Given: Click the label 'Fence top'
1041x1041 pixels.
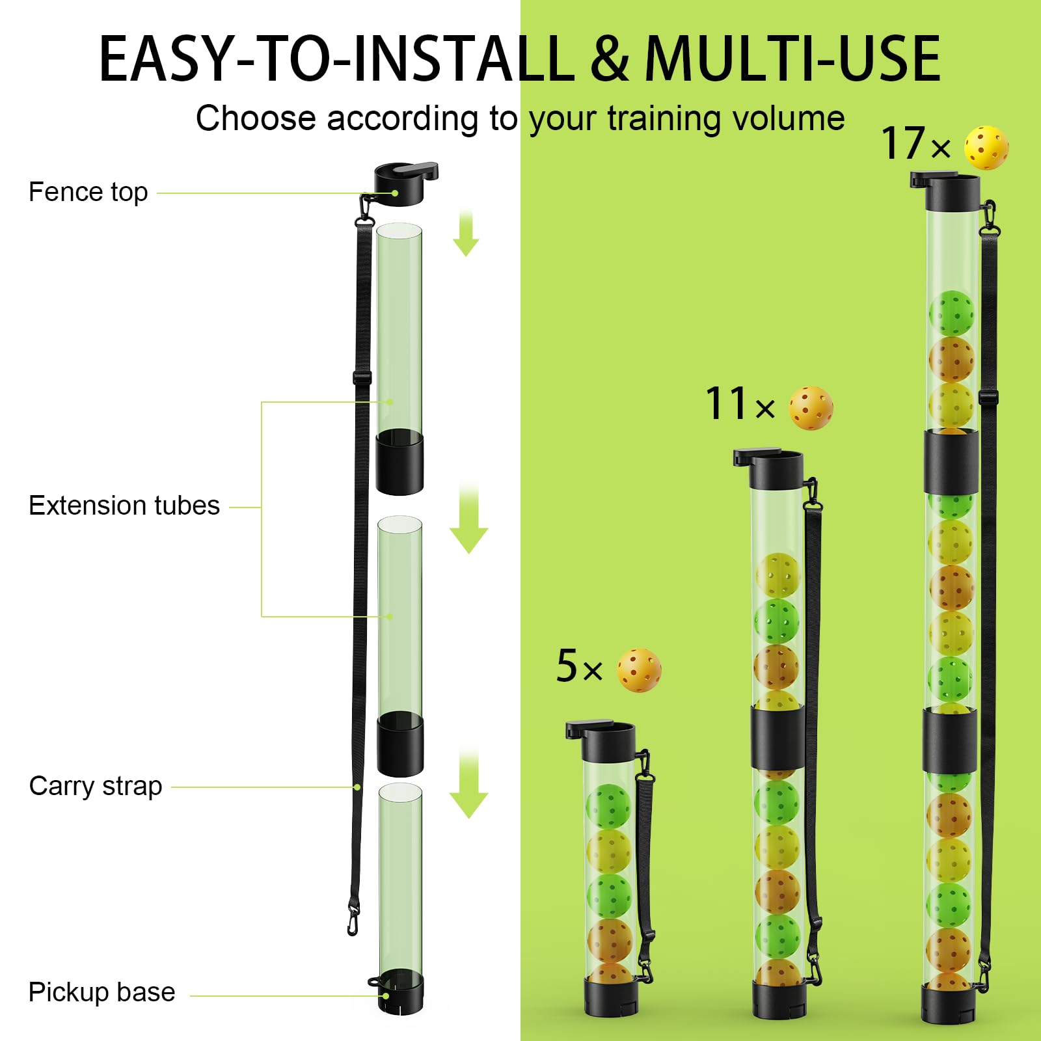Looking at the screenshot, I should (88, 192).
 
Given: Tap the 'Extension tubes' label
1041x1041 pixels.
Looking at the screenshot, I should (124, 506).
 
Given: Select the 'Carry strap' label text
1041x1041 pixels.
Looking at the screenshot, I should (96, 786).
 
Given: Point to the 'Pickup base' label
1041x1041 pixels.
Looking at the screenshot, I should (101, 992).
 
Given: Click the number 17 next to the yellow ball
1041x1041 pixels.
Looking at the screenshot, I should (903, 144).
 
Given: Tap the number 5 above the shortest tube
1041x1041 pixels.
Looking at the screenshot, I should (567, 666).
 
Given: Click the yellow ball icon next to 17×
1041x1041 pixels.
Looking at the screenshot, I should (986, 148).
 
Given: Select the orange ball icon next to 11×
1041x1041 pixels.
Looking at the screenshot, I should (811, 408).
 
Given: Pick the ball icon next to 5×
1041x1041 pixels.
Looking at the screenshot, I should (639, 670).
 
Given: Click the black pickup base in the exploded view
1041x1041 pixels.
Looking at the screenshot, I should (399, 992).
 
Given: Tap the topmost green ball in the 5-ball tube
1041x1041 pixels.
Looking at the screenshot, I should (608, 805).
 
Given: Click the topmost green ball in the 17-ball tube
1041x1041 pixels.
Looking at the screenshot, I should (951, 313).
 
